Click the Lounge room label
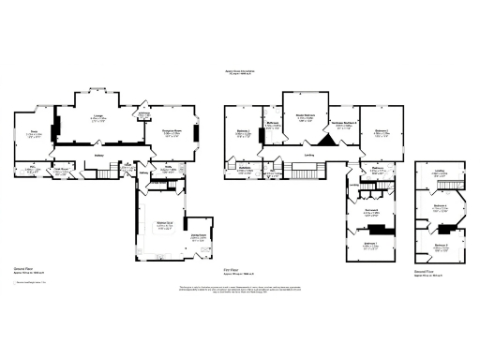97,118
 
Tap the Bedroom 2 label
381,132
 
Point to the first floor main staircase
305,174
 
